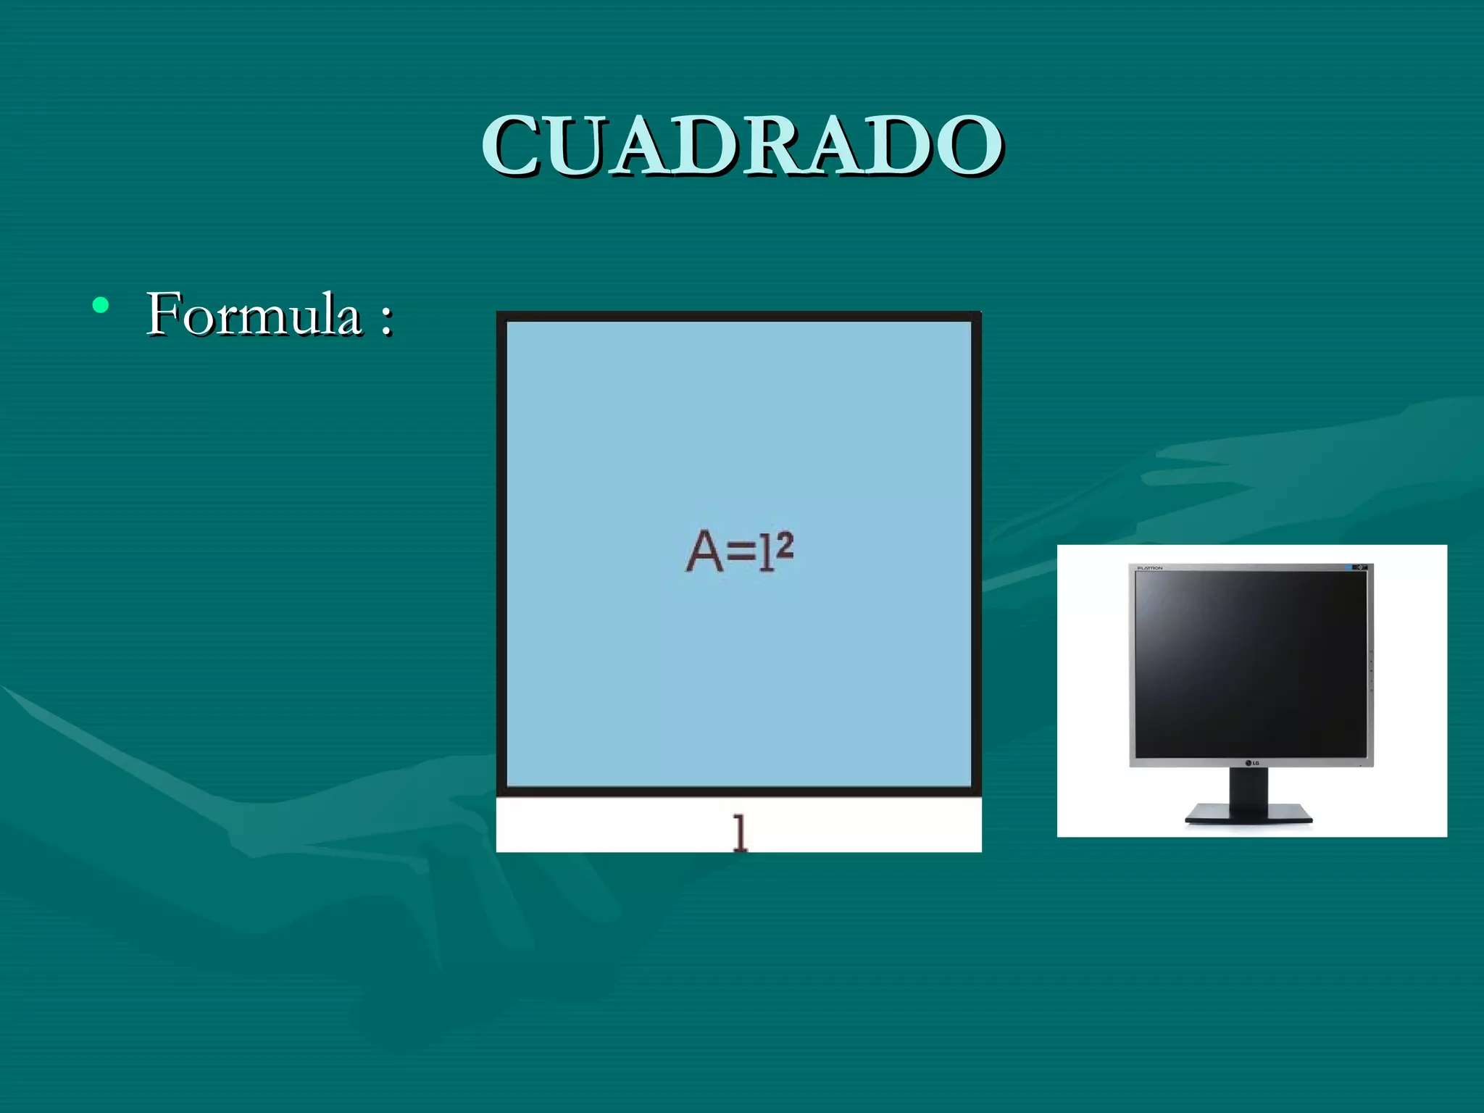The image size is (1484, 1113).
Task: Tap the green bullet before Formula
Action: (x=101, y=305)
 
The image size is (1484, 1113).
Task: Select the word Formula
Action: (x=254, y=314)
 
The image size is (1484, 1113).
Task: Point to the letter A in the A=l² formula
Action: (x=704, y=552)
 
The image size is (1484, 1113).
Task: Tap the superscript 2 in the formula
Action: (x=785, y=545)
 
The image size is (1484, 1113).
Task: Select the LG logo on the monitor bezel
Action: (x=1252, y=762)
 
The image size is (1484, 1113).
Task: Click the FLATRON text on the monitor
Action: (x=1150, y=568)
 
